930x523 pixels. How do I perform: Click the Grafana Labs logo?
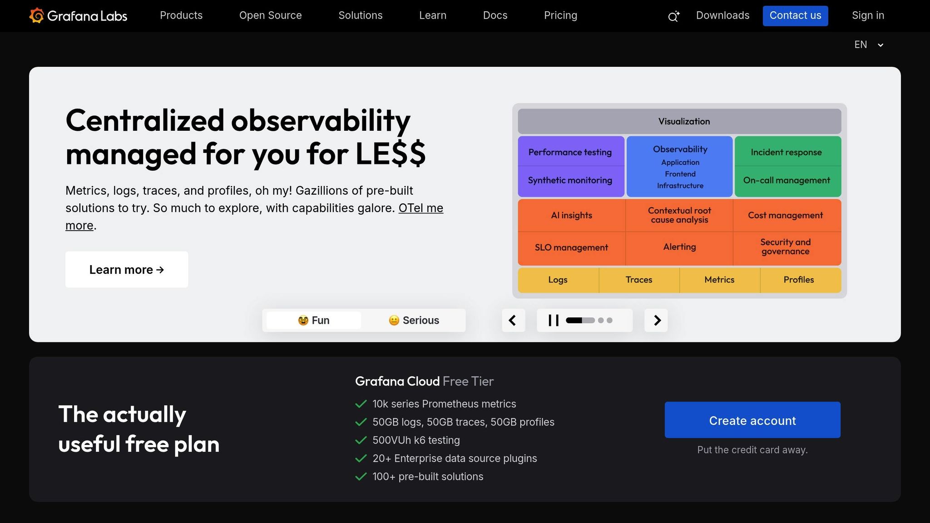click(78, 16)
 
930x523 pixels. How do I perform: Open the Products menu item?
click(181, 15)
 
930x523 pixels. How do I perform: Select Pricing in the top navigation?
click(560, 15)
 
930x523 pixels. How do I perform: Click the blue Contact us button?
click(795, 16)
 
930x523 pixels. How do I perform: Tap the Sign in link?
click(868, 15)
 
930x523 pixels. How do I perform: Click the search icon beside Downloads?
click(673, 17)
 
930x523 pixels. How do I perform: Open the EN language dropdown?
click(868, 45)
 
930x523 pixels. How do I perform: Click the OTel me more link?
click(420, 208)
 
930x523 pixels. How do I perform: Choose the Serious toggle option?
click(414, 321)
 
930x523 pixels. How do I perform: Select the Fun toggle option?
click(314, 321)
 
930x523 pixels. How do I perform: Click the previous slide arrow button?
click(513, 321)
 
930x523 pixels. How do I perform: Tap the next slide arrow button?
click(656, 321)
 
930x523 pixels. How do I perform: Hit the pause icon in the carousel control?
click(553, 321)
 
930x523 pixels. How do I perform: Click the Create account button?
click(752, 420)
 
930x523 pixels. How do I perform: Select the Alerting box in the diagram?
click(679, 247)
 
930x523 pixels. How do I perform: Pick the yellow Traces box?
click(639, 280)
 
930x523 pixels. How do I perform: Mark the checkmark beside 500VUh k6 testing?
click(361, 440)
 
